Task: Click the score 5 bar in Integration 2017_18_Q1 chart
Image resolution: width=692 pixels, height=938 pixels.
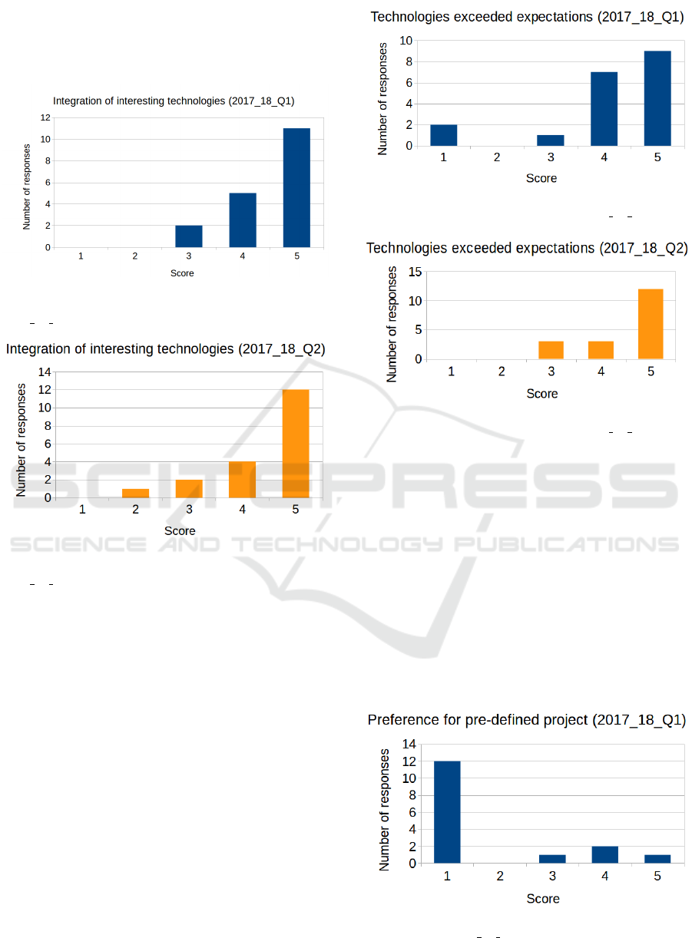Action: pyautogui.click(x=296, y=188)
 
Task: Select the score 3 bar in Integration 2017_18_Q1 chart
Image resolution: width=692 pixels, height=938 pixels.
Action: pyautogui.click(x=189, y=236)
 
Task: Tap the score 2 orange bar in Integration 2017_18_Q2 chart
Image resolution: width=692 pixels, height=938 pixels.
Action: pyautogui.click(x=135, y=493)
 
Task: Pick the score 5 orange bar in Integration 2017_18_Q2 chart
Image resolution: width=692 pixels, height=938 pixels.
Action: pyautogui.click(x=296, y=444)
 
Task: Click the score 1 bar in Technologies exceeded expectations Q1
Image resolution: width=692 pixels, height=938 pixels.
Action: pyautogui.click(x=444, y=135)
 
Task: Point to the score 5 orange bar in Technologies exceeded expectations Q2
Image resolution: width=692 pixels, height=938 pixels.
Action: pyautogui.click(x=650, y=324)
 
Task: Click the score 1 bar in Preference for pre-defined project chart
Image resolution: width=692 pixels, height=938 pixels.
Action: pyautogui.click(x=447, y=812)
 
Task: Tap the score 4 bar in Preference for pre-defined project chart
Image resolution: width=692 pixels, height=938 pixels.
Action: pyautogui.click(x=605, y=854)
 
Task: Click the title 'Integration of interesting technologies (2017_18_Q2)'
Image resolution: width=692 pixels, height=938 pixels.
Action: pyautogui.click(x=166, y=349)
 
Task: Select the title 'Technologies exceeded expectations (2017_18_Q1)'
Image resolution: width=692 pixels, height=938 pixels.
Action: pyautogui.click(x=527, y=17)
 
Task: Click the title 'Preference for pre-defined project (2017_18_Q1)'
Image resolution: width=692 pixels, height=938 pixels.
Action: pyautogui.click(x=527, y=720)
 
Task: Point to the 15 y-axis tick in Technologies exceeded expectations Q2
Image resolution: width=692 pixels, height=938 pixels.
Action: pyautogui.click(x=414, y=272)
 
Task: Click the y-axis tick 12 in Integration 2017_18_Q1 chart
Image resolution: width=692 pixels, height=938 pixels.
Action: pyautogui.click(x=46, y=117)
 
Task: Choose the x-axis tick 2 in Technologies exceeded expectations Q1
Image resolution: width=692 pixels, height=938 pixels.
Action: pyautogui.click(x=497, y=157)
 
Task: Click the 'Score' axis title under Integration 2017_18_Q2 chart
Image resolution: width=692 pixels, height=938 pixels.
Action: pyautogui.click(x=180, y=530)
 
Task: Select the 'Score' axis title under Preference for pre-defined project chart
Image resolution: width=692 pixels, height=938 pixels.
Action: pyautogui.click(x=543, y=898)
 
